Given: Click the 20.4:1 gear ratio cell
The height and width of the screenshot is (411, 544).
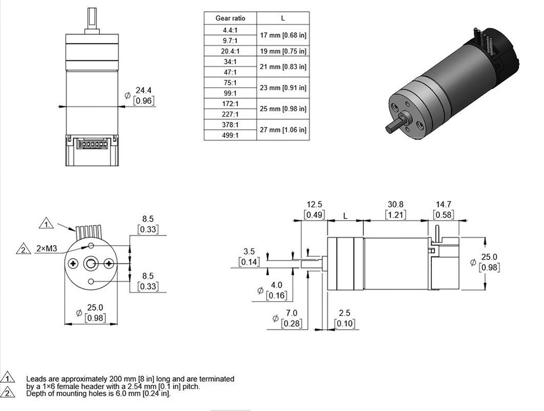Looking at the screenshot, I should click(230, 51).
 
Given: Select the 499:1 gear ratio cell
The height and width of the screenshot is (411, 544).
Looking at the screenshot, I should click(230, 135).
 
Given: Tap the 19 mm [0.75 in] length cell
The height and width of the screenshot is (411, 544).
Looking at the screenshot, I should click(283, 51).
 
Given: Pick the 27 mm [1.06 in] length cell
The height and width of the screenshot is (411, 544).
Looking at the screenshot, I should click(283, 130).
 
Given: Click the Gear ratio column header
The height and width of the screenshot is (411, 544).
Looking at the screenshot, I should click(230, 18).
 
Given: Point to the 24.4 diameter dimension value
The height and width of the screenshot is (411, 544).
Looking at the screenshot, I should click(144, 90).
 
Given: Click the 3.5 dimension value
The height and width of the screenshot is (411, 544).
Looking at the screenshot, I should click(248, 251).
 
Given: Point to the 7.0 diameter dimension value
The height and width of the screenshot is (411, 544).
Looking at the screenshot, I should click(292, 313).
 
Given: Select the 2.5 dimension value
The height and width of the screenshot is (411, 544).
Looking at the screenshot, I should click(345, 313).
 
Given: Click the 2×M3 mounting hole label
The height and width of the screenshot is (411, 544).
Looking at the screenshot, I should click(47, 249).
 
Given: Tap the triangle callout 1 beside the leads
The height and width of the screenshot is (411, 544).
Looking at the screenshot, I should click(47, 224).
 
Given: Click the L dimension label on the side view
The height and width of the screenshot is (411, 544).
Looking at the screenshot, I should click(345, 216).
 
